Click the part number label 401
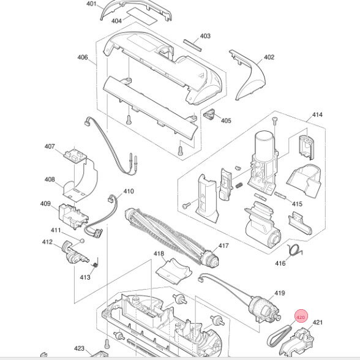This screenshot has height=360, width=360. tap(91, 4)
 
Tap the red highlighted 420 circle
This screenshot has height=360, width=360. tap(301, 317)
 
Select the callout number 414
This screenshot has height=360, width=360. tap(317, 114)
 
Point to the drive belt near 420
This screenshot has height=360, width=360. tap(279, 336)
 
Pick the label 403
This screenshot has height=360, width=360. tap(205, 36)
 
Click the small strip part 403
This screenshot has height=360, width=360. tap(192, 45)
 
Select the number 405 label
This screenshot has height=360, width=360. tap(226, 121)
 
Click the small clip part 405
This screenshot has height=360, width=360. tap(209, 114)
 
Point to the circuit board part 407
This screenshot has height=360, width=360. tap(75, 155)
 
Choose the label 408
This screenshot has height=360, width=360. tap(50, 179)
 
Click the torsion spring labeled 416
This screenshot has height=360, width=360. tap(295, 250)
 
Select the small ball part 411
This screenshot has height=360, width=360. tap(82, 241)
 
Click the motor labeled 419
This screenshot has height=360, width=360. tap(264, 309)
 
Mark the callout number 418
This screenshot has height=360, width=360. tap(159, 253)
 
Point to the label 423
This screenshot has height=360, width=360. tap(79, 348)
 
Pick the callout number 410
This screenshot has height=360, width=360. tap(129, 191)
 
